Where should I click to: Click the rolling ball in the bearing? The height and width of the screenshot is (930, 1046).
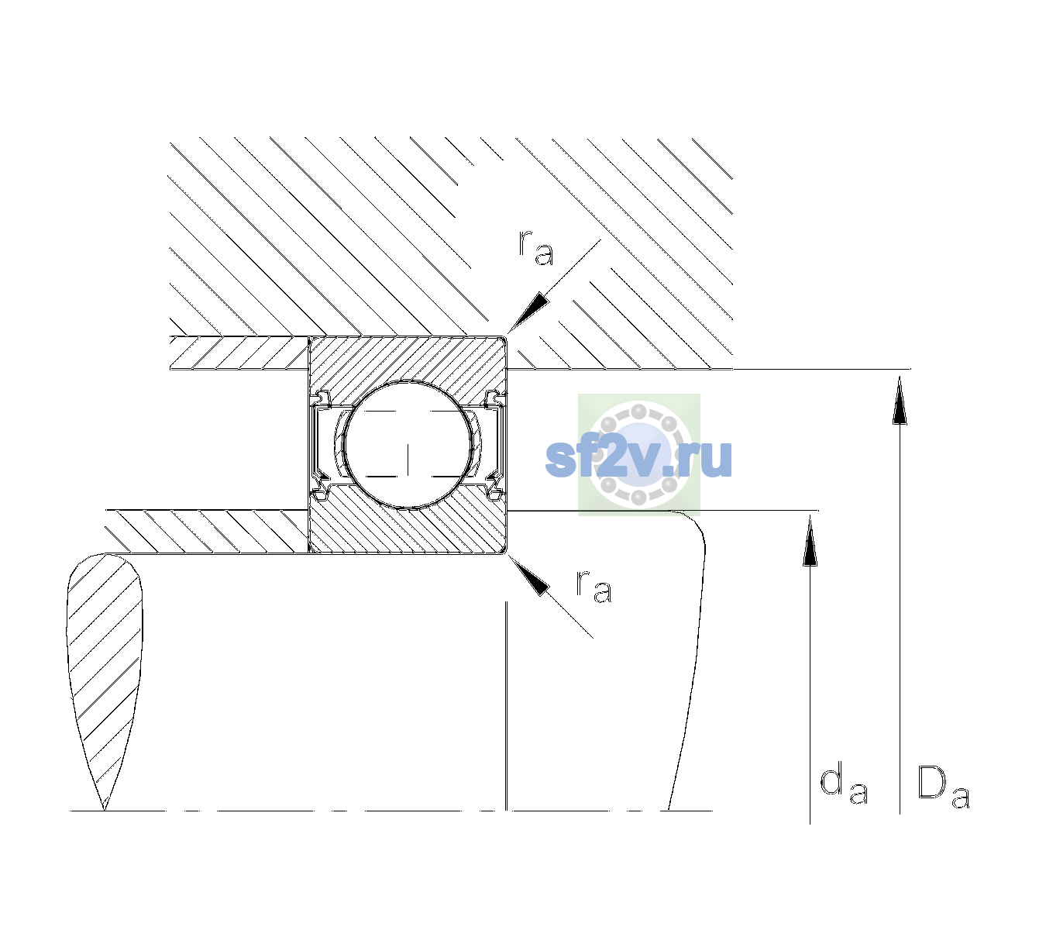click(408, 445)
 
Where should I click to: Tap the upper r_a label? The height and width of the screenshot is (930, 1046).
click(536, 248)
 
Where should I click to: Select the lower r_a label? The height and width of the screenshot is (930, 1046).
click(594, 587)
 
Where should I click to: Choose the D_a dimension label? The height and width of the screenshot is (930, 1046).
click(944, 787)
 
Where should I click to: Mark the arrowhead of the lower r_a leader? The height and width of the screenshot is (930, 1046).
click(528, 575)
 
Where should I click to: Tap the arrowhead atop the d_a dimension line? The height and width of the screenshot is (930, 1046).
click(810, 540)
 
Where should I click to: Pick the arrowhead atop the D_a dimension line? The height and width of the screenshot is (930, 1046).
click(900, 400)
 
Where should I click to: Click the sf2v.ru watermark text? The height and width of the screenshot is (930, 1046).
click(638, 458)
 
